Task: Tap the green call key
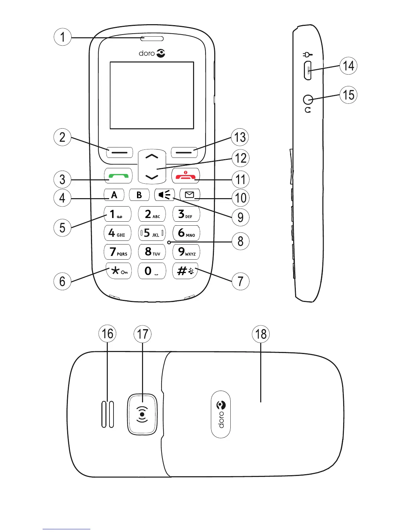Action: [118, 176]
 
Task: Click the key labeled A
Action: [114, 195]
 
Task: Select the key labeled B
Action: [139, 195]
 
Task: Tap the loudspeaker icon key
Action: [165, 195]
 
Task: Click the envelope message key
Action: [190, 195]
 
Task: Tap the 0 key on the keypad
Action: [152, 271]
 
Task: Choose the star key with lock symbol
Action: [118, 271]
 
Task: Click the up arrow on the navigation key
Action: [152, 156]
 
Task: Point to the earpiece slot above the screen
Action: [152, 38]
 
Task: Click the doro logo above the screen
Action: [152, 53]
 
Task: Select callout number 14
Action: [348, 66]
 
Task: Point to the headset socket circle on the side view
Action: [308, 100]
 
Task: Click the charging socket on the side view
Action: [308, 71]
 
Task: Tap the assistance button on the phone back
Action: [142, 414]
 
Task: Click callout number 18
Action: [261, 334]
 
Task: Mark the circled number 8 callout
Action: [240, 241]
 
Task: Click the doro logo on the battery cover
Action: [221, 414]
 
